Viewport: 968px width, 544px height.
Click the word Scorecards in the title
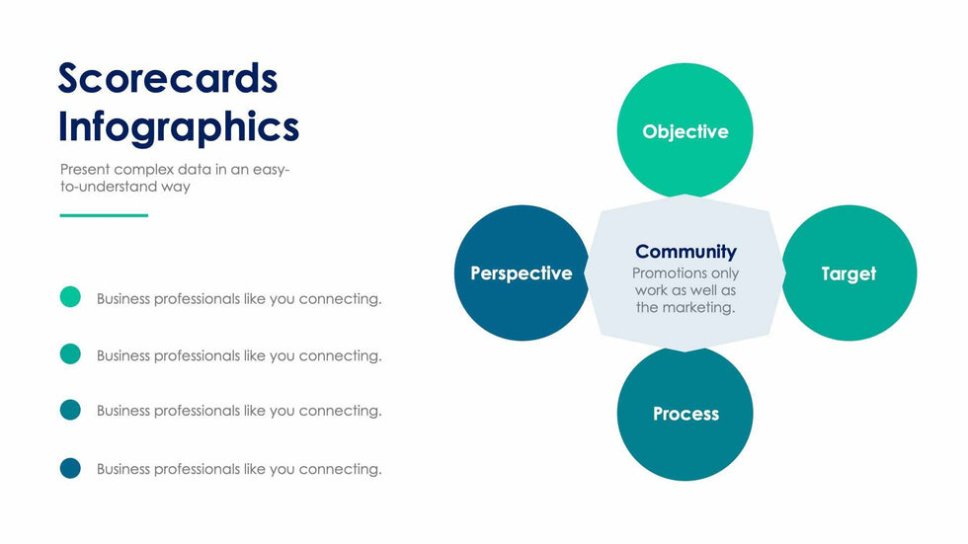(x=168, y=78)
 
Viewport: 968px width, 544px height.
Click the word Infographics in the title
(x=179, y=128)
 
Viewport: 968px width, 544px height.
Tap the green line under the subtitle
(x=104, y=215)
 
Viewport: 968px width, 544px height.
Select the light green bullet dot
(x=70, y=296)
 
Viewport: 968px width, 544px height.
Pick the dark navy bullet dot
(x=70, y=468)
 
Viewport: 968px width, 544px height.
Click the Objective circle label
(x=686, y=132)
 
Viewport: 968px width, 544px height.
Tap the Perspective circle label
(x=522, y=273)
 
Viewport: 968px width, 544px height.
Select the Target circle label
(x=848, y=273)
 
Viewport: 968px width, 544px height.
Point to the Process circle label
(x=686, y=414)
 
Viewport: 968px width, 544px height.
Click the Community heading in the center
(x=686, y=252)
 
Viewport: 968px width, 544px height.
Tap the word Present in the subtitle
(x=85, y=169)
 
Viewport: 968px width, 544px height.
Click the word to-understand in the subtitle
(x=109, y=187)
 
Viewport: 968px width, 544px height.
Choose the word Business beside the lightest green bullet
(x=123, y=298)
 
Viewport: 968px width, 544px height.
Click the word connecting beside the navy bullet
(x=340, y=469)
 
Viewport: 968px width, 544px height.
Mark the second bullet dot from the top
(x=70, y=354)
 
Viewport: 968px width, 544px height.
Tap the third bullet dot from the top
(x=70, y=410)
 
